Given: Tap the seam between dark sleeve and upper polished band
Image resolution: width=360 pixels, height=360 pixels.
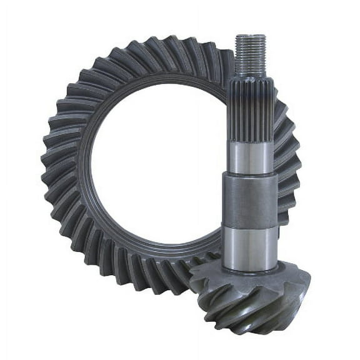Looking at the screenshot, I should point(249,176).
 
